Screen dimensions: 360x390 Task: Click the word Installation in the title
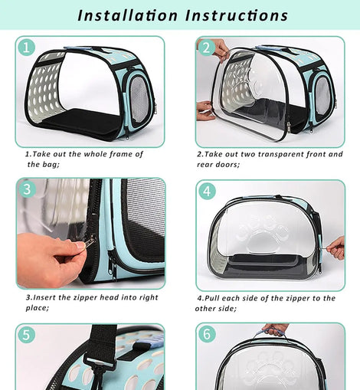tap(127, 15)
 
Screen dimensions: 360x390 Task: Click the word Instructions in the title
tap(237, 15)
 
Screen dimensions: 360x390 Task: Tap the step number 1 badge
tap(26, 48)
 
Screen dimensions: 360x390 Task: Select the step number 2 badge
tap(206, 48)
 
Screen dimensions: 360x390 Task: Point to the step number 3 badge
tap(27, 189)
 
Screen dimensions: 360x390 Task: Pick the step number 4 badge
tap(207, 191)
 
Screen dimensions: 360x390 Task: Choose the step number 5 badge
tap(27, 334)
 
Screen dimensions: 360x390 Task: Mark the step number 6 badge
tap(207, 334)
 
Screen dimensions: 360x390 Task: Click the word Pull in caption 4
tap(212, 298)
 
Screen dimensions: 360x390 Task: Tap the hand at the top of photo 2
tap(220, 50)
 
